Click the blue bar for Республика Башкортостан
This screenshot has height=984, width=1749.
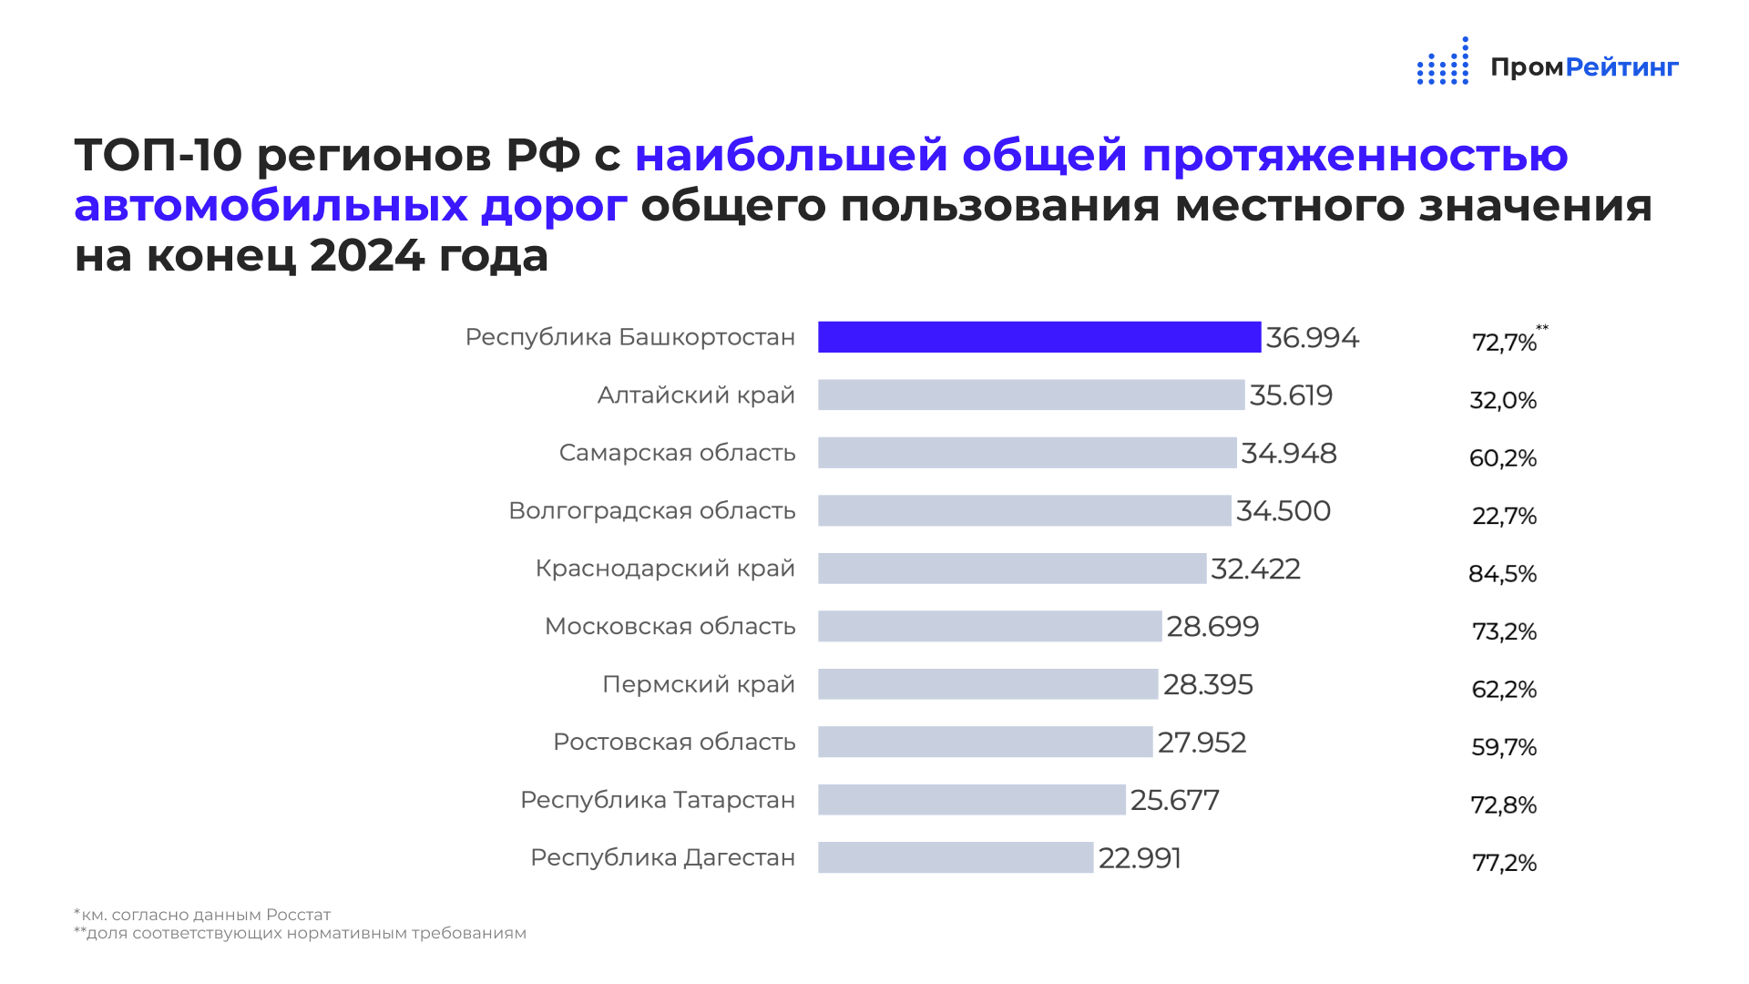(1038, 337)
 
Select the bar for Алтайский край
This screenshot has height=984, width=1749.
(1030, 395)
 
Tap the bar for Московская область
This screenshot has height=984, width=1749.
(989, 626)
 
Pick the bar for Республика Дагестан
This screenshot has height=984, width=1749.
(955, 857)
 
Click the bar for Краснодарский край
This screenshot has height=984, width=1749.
(1011, 569)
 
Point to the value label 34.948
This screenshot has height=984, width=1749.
(1288, 453)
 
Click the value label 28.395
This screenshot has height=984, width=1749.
(1208, 684)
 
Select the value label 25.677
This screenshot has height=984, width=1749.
(1174, 800)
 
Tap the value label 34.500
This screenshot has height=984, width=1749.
(1283, 511)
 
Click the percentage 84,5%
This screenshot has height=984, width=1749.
(1502, 574)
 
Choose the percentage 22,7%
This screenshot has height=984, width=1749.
(1504, 517)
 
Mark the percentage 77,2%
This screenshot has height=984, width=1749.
(1504, 863)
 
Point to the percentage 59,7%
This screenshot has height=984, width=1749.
(1504, 747)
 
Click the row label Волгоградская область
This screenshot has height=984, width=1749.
(651, 511)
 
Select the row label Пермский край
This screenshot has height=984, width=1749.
(698, 684)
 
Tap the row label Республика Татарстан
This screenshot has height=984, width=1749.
(657, 800)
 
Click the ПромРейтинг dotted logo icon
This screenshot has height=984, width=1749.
(1443, 62)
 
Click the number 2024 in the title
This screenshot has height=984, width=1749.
(367, 256)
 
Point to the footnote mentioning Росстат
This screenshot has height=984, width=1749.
(202, 915)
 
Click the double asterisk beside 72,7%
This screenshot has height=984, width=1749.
(1542, 328)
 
